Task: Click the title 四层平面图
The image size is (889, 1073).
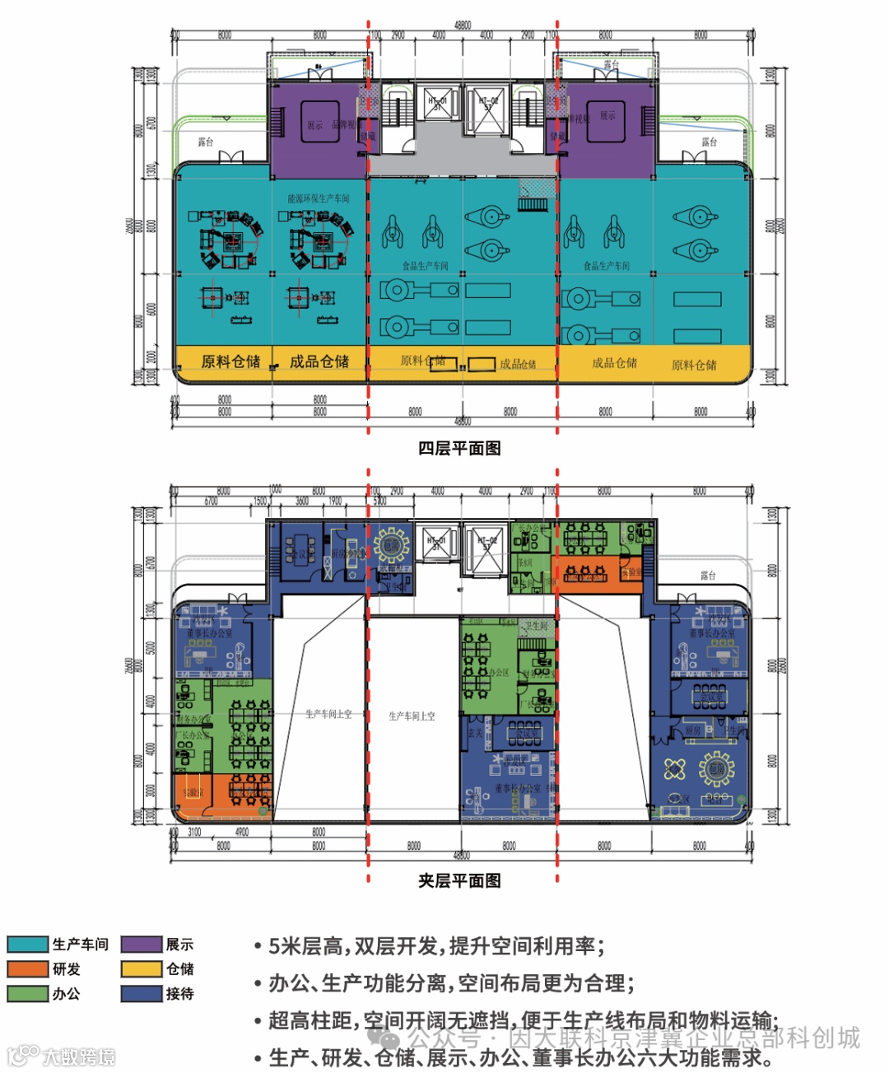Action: pyautogui.click(x=459, y=448)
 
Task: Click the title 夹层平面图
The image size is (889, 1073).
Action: pyautogui.click(x=459, y=880)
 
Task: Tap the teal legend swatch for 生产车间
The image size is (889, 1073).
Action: pyautogui.click(x=28, y=945)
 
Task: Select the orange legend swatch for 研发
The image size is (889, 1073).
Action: pyautogui.click(x=28, y=969)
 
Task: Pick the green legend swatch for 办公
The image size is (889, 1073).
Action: pyautogui.click(x=28, y=994)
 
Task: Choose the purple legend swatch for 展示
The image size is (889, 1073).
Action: pyautogui.click(x=142, y=945)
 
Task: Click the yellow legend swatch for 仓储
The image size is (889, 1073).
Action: pyautogui.click(x=142, y=969)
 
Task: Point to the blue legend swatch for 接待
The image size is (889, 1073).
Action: pyautogui.click(x=142, y=994)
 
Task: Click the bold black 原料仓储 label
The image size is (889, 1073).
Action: pyautogui.click(x=230, y=362)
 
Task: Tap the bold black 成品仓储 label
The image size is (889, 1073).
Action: pyautogui.click(x=319, y=362)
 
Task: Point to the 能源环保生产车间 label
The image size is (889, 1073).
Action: pyautogui.click(x=319, y=198)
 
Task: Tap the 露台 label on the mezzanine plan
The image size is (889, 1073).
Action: pyautogui.click(x=708, y=575)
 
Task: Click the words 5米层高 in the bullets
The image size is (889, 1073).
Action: pyautogui.click(x=305, y=946)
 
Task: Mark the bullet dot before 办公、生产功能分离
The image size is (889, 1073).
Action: pyautogui.click(x=258, y=984)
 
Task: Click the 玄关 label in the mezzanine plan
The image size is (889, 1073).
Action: pyautogui.click(x=476, y=733)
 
